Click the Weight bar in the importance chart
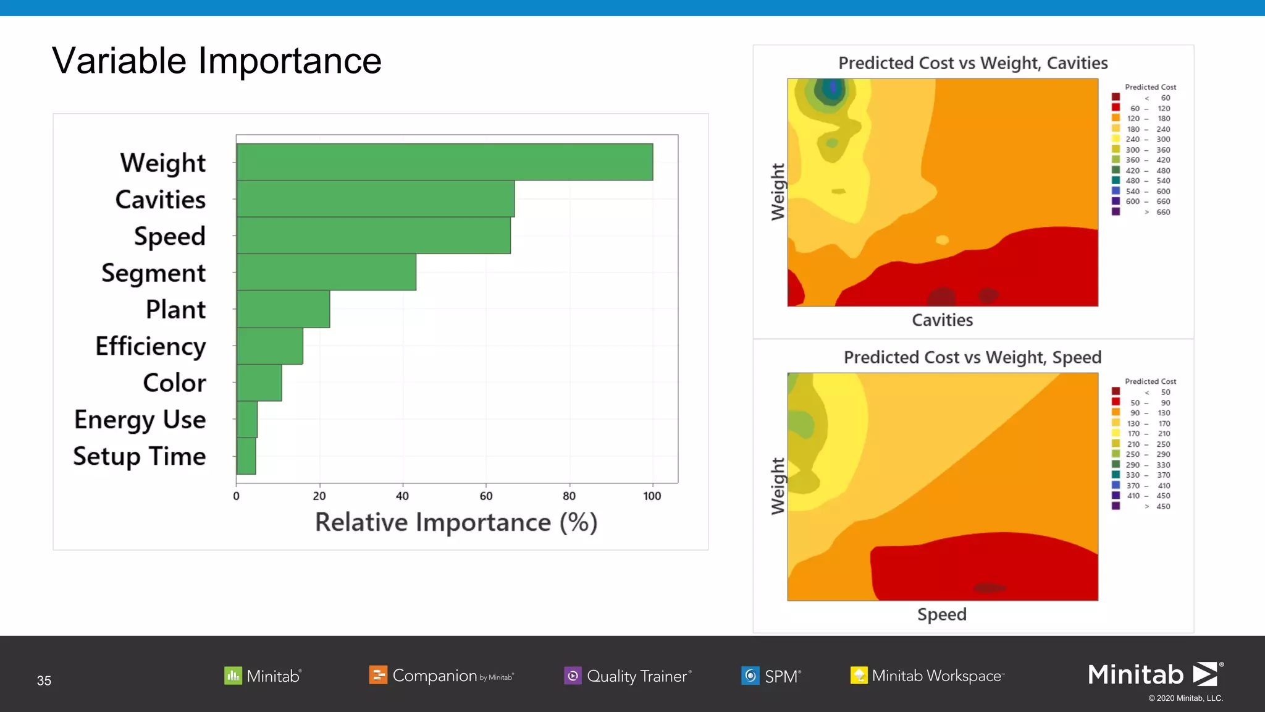click(x=445, y=162)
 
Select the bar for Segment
click(x=326, y=272)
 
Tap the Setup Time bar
click(x=246, y=456)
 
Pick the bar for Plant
click(x=283, y=309)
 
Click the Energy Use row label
click(x=140, y=420)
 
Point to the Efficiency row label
click(x=151, y=346)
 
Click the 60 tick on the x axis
click(x=486, y=496)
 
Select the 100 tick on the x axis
click(x=652, y=496)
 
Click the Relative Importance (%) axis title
click(x=456, y=522)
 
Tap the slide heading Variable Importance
click(x=217, y=61)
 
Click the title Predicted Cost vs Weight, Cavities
click(x=973, y=63)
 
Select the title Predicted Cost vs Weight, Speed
click(x=973, y=357)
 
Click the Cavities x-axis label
click(x=942, y=320)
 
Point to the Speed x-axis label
click(x=942, y=614)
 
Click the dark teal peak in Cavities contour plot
click(x=830, y=90)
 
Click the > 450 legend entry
click(x=1155, y=506)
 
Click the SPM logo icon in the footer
click(x=750, y=676)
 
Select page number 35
click(x=44, y=680)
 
